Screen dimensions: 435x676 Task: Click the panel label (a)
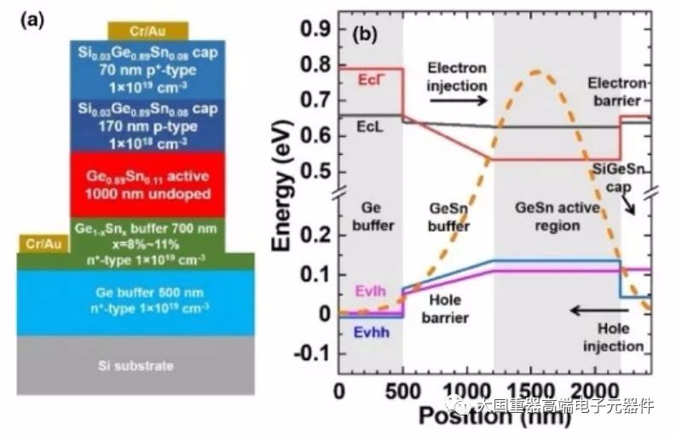click(x=30, y=20)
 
